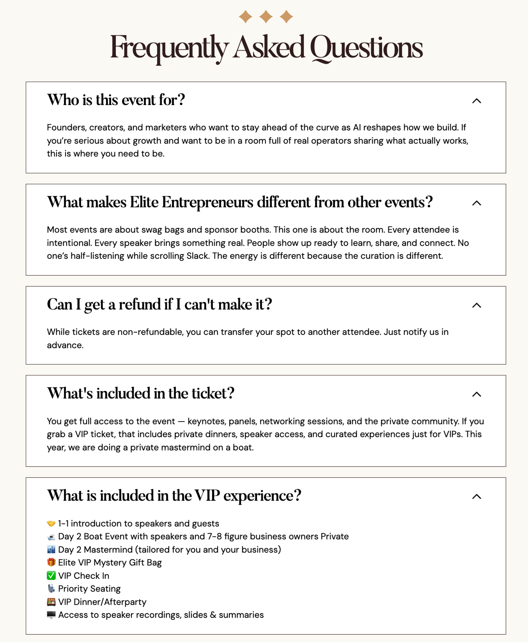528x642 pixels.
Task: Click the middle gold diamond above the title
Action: [266, 17]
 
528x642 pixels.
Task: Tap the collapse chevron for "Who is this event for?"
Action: [477, 101]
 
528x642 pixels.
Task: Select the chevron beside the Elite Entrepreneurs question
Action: [477, 203]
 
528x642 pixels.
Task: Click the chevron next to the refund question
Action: [477, 305]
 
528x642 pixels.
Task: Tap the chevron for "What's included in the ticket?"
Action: [477, 394]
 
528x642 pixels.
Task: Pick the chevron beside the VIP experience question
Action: [477, 497]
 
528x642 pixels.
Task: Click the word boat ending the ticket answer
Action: [244, 447]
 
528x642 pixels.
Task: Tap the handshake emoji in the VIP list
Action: [51, 523]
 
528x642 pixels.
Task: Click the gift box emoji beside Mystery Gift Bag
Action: [51, 562]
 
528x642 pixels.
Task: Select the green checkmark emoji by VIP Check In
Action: [51, 576]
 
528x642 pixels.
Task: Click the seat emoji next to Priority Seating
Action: [51, 588]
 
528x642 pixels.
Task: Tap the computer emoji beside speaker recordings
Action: [51, 615]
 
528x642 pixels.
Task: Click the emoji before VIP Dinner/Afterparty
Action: [51, 602]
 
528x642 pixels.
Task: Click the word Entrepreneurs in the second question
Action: [207, 202]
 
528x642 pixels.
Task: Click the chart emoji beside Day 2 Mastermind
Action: [51, 550]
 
